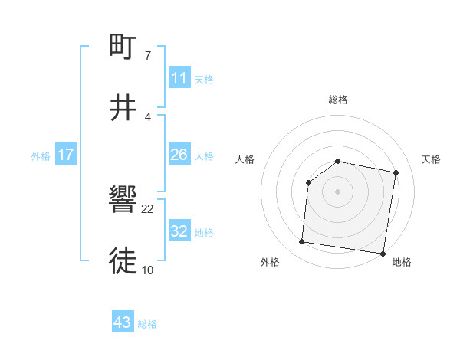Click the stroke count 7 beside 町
point(148,55)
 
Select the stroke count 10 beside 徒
point(148,270)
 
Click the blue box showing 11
point(179,78)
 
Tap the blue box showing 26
point(179,155)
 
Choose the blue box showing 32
point(179,231)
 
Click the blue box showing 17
point(65,155)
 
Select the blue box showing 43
point(122,323)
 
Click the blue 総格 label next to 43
point(147,324)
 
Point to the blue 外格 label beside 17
point(41,155)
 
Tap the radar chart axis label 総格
point(338,100)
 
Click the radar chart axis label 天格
point(432,159)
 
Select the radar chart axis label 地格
point(402,262)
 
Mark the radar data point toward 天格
point(396,173)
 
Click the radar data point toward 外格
point(301,242)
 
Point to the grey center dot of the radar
point(338,191)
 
